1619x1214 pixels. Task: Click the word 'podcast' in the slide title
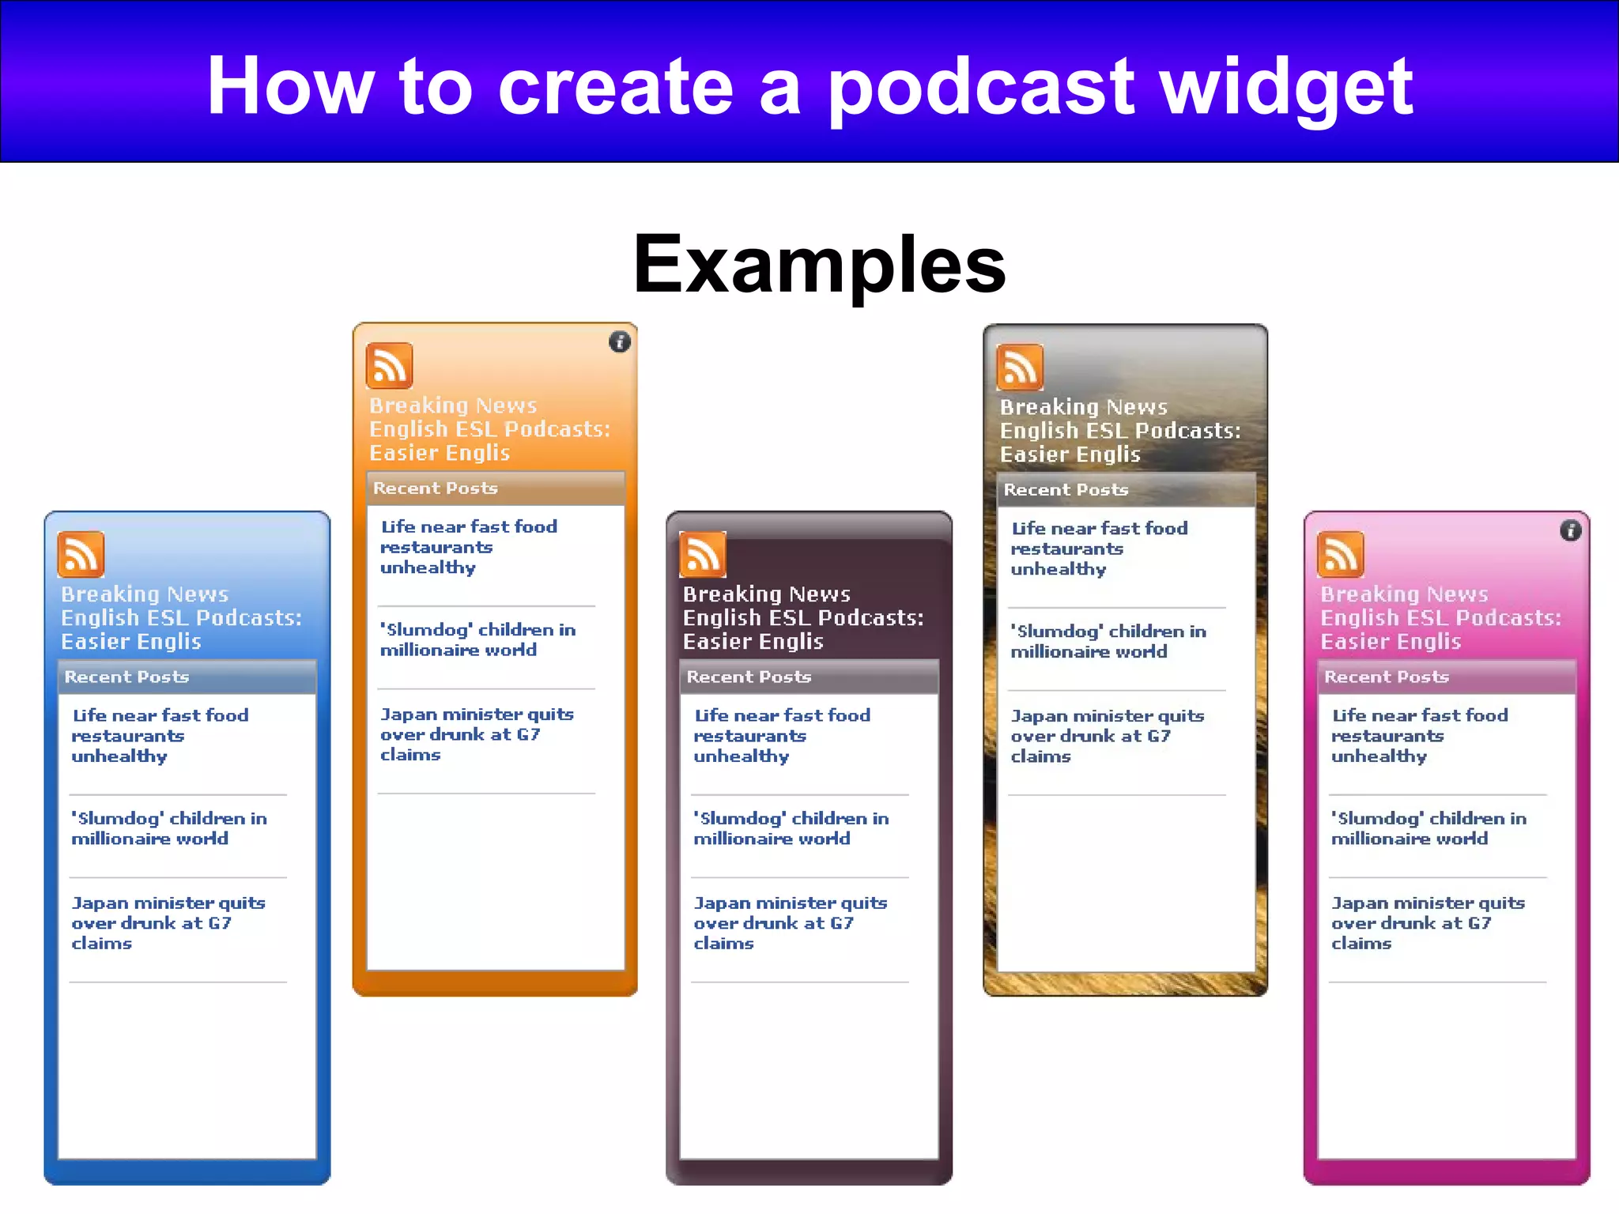point(980,89)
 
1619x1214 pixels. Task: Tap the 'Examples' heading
point(819,264)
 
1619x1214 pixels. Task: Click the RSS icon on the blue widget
point(81,554)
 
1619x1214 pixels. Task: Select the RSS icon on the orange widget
point(389,366)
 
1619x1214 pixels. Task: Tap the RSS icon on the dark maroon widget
point(702,554)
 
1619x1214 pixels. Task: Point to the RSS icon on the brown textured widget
point(1019,368)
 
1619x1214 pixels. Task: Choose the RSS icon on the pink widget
point(1340,554)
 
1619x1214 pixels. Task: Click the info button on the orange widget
point(620,341)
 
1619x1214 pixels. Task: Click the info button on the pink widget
point(1571,530)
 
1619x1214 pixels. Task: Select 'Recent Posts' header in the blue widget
point(127,677)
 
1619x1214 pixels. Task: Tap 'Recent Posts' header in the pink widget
point(1387,677)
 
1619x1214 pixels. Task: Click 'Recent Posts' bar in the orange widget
point(436,488)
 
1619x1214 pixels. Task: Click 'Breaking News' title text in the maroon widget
point(766,594)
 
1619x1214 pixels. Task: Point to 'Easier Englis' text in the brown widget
point(1070,454)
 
